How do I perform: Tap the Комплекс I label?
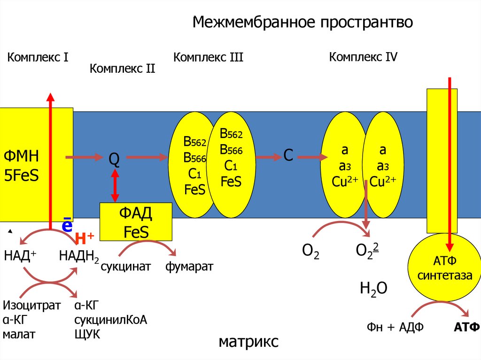(38, 58)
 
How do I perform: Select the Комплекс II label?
(122, 69)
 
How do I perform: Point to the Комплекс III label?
(208, 58)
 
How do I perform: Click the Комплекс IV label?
(363, 57)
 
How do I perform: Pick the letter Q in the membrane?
(114, 160)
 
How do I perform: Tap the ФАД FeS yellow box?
(136, 223)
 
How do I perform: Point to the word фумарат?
(189, 267)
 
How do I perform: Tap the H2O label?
(373, 288)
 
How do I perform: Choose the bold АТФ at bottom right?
(466, 327)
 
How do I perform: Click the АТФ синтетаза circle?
(444, 268)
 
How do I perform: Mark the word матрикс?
(248, 341)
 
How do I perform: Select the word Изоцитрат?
(32, 306)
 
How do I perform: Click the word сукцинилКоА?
(110, 320)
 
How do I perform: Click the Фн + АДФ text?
(395, 327)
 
